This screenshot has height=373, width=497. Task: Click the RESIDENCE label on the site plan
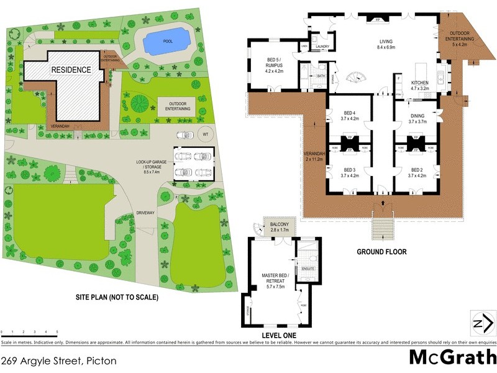71,70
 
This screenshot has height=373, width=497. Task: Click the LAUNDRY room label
322,46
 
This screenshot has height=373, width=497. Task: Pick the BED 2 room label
416,172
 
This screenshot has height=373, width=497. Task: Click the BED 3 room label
350,172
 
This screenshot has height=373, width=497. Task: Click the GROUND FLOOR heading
381,252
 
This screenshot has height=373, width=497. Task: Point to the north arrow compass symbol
483,323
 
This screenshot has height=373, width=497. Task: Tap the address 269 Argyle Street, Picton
59,360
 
